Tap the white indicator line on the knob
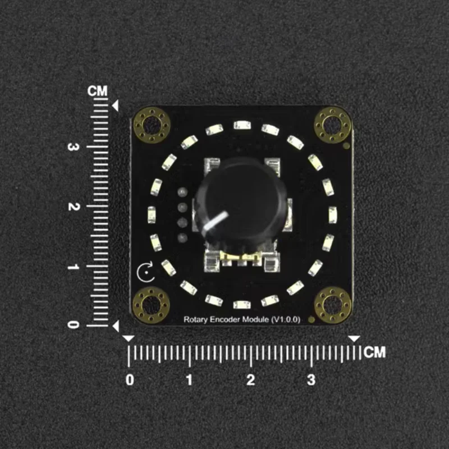point(216,221)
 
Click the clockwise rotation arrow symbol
point(144,273)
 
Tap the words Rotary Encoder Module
point(226,319)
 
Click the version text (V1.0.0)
point(285,319)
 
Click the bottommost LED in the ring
point(241,305)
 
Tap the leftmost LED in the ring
point(152,214)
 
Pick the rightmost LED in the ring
point(332,214)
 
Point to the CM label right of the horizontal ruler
point(375,352)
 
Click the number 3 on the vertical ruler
point(71,147)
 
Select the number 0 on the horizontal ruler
point(130,380)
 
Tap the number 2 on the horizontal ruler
point(250,380)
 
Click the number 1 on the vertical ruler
point(71,266)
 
